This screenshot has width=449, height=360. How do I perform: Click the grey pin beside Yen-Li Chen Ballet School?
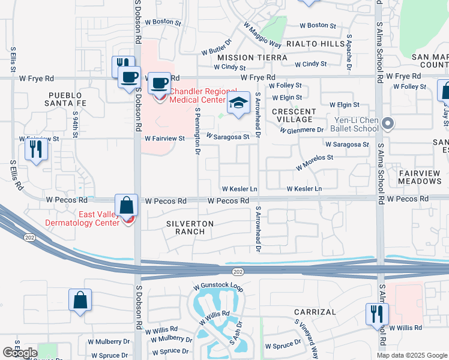point(387,124)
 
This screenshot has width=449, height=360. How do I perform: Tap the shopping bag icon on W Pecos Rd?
point(127,206)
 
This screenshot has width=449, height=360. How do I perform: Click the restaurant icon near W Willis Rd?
point(377,314)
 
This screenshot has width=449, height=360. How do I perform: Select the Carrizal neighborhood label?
point(315,312)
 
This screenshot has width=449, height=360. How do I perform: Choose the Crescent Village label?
point(294,116)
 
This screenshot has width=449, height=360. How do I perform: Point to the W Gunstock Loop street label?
point(217,288)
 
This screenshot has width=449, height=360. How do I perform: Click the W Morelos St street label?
point(315,161)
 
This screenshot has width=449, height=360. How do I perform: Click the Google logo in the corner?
point(20,352)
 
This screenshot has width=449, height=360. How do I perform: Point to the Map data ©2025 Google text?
point(412,355)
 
